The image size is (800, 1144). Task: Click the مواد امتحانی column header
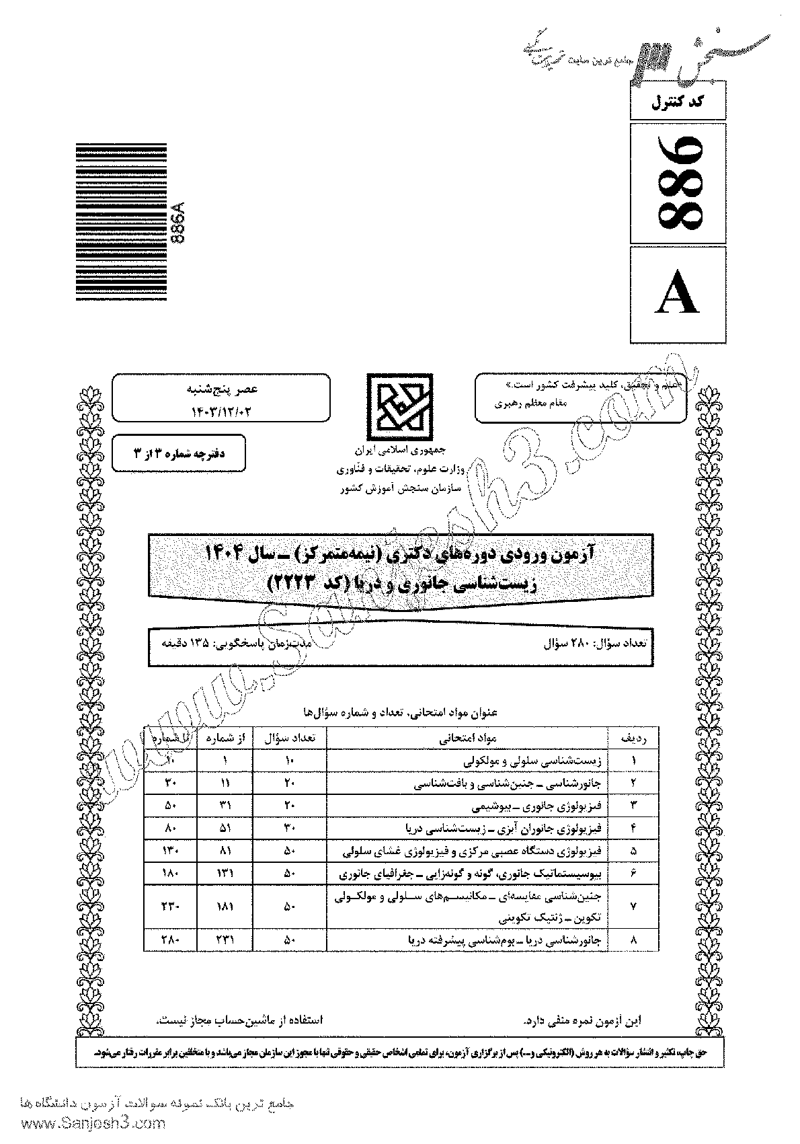pos(467,738)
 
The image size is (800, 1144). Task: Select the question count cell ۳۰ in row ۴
pos(290,827)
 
